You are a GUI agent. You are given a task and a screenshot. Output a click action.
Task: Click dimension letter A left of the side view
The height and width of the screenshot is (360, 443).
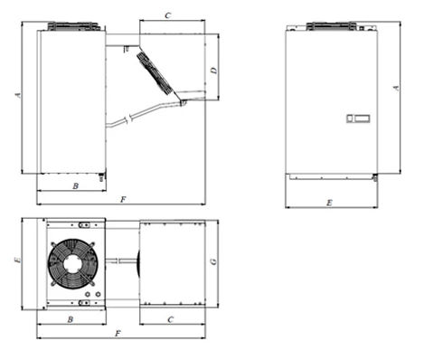point(18,95)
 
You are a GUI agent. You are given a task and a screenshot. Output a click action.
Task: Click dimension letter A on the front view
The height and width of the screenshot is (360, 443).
point(396,88)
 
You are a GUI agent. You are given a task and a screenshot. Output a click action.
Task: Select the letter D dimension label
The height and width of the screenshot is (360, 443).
point(213,71)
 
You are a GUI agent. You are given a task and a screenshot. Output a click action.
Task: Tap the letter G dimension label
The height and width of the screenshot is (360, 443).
point(213,261)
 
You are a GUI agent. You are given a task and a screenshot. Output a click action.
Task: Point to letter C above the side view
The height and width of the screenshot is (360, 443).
point(168,15)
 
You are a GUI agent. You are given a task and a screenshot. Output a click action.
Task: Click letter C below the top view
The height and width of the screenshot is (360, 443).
point(171,319)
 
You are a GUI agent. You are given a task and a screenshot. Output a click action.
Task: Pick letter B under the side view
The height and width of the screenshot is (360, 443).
point(76,186)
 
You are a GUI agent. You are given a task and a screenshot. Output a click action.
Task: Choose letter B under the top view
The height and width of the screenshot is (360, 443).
point(71,319)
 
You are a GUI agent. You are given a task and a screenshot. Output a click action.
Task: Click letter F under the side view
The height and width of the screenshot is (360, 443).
point(123,199)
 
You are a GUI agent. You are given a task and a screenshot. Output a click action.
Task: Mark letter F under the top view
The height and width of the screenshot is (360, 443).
point(118,333)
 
